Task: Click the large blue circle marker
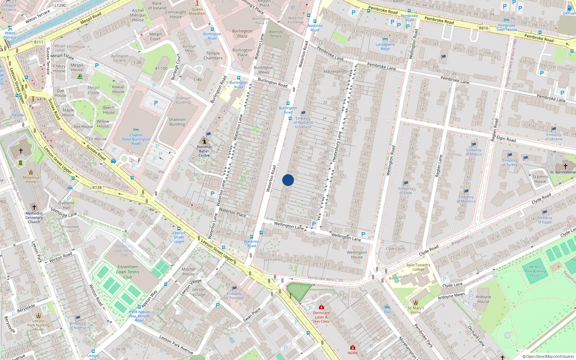coord(288,180)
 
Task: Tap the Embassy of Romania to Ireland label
coord(303,122)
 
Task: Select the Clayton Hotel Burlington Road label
coord(136,139)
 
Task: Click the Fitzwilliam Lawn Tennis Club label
coord(128,272)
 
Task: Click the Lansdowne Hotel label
coord(385,46)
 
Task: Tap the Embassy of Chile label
coord(406,190)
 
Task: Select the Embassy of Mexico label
coord(474,152)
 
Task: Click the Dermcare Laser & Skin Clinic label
coord(321,317)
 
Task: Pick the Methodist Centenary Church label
coord(34,217)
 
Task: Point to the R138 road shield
coord(97,188)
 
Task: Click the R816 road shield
coord(483,28)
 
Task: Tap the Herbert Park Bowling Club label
coord(535,271)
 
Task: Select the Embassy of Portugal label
coord(234,296)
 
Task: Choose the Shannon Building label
coord(177,122)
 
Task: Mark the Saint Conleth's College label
coord(418,267)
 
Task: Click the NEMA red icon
coord(352,347)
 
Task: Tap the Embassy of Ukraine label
coord(553,137)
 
